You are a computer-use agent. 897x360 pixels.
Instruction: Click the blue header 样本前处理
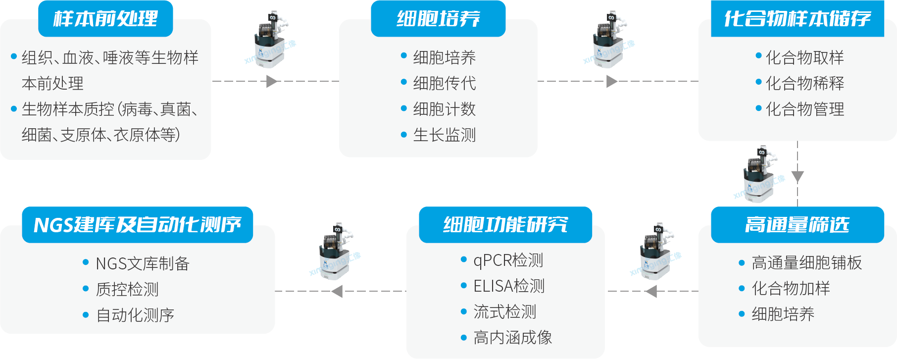105,19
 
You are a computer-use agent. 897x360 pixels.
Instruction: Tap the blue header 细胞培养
438,19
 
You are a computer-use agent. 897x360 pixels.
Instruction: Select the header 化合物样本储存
797,19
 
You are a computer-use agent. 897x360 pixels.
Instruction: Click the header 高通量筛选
797,225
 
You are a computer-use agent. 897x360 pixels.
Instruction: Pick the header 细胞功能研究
505,225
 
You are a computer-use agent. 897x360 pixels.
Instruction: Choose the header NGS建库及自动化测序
137,225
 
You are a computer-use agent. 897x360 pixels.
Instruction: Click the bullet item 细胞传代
444,83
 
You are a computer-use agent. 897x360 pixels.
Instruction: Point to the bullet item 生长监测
444,135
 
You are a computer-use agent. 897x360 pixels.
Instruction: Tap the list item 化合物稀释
804,83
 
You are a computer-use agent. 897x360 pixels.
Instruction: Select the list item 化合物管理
804,109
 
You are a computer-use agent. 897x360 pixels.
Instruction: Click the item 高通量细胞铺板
806,262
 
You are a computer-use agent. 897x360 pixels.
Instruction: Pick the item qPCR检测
508,260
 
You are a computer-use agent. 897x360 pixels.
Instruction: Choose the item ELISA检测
508,286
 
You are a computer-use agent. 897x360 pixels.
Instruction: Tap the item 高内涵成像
512,338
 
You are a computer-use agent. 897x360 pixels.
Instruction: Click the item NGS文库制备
142,263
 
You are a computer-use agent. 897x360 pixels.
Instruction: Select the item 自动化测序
135,315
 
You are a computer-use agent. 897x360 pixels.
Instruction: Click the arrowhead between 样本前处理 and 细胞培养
271,81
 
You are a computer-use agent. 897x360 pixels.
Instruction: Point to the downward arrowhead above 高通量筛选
797,176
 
